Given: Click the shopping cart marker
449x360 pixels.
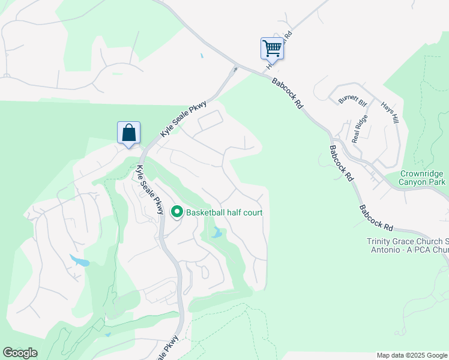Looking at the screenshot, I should point(272,48).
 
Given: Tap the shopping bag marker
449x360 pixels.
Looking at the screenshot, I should point(129,132).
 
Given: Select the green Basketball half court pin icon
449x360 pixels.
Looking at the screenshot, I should point(177,212).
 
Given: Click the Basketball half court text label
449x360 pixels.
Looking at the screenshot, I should point(224,212).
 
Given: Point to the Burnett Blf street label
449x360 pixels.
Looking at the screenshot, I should point(352,99).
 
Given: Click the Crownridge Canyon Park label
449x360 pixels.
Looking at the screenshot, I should point(423,178).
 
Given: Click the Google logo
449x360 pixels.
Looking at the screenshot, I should point(20,353).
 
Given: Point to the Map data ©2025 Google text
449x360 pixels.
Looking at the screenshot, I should point(412,355).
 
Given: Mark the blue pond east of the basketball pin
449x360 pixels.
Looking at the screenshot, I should point(217,233).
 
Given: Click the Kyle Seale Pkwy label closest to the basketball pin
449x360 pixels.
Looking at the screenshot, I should point(150,190).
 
